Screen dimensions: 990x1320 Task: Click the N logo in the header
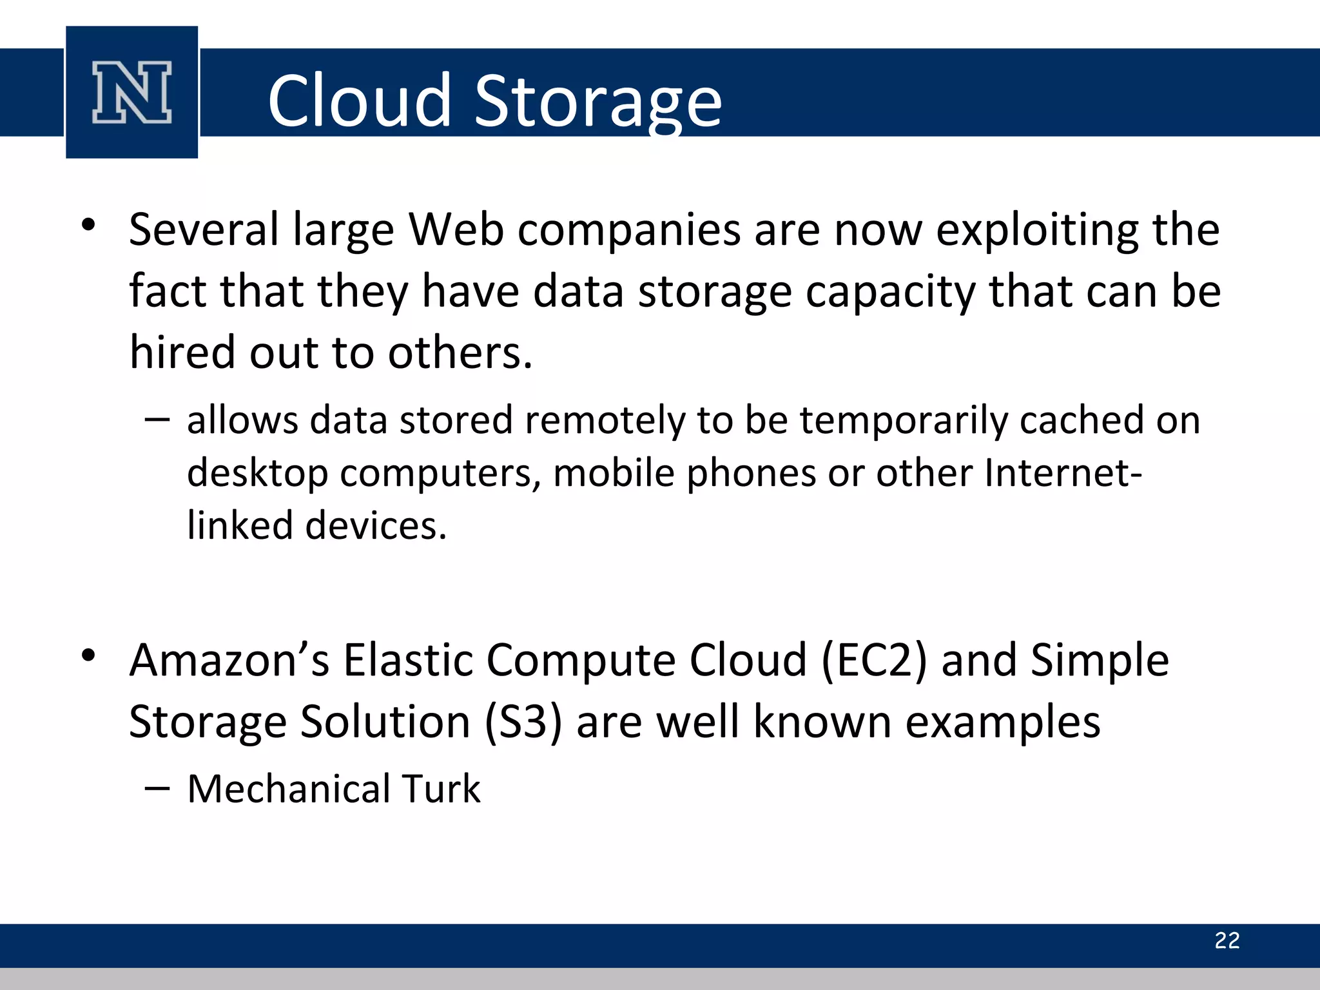(132, 92)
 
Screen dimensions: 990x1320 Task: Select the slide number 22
(1227, 940)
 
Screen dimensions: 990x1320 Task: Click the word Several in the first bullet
(204, 229)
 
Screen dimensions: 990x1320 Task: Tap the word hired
(182, 353)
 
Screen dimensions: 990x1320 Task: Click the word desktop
(257, 474)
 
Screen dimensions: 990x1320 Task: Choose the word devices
(376, 525)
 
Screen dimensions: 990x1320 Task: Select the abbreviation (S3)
(523, 721)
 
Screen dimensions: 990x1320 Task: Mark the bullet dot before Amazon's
(88, 656)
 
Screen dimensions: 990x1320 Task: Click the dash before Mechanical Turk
(157, 788)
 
